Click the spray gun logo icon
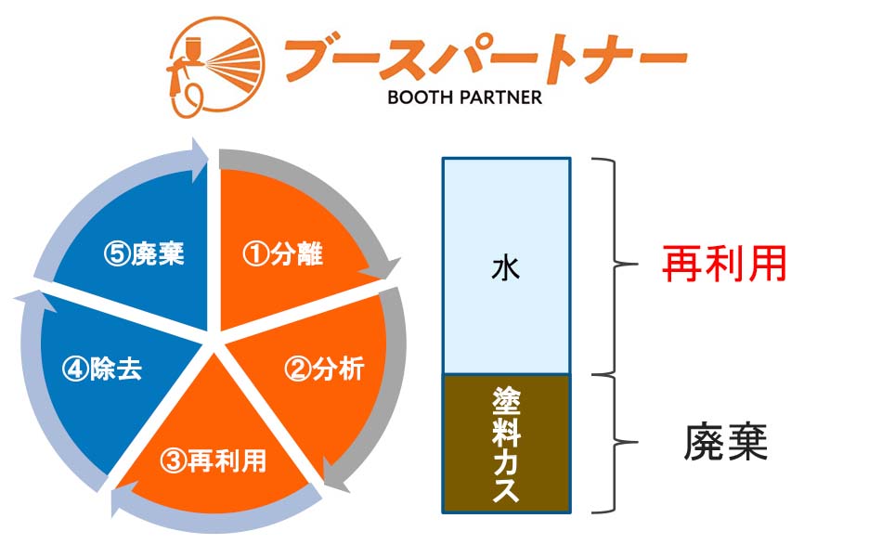(x=216, y=67)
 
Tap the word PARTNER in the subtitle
(x=500, y=97)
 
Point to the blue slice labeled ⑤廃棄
(x=140, y=253)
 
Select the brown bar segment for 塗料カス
(x=506, y=444)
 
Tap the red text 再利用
(x=724, y=264)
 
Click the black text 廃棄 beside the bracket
(x=726, y=442)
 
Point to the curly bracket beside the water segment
(x=626, y=264)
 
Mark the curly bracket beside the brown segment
(x=626, y=442)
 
